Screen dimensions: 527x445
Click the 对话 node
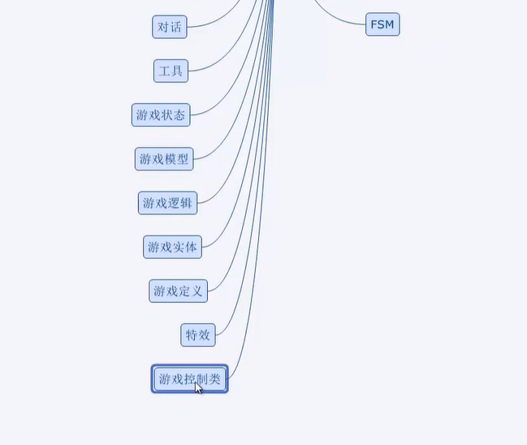click(169, 27)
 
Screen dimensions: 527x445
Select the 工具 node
click(171, 71)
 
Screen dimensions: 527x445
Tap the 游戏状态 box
click(161, 115)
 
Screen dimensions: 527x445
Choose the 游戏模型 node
click(164, 159)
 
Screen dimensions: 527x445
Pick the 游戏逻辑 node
click(167, 203)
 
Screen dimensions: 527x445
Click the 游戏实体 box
click(172, 247)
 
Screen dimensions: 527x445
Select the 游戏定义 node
click(178, 291)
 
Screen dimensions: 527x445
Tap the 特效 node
click(197, 335)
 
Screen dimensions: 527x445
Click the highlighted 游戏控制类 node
click(189, 379)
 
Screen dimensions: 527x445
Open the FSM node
click(382, 24)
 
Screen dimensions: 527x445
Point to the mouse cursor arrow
click(197, 387)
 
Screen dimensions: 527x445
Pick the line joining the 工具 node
click(215, 61)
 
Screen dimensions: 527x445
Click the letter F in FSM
click(374, 24)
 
